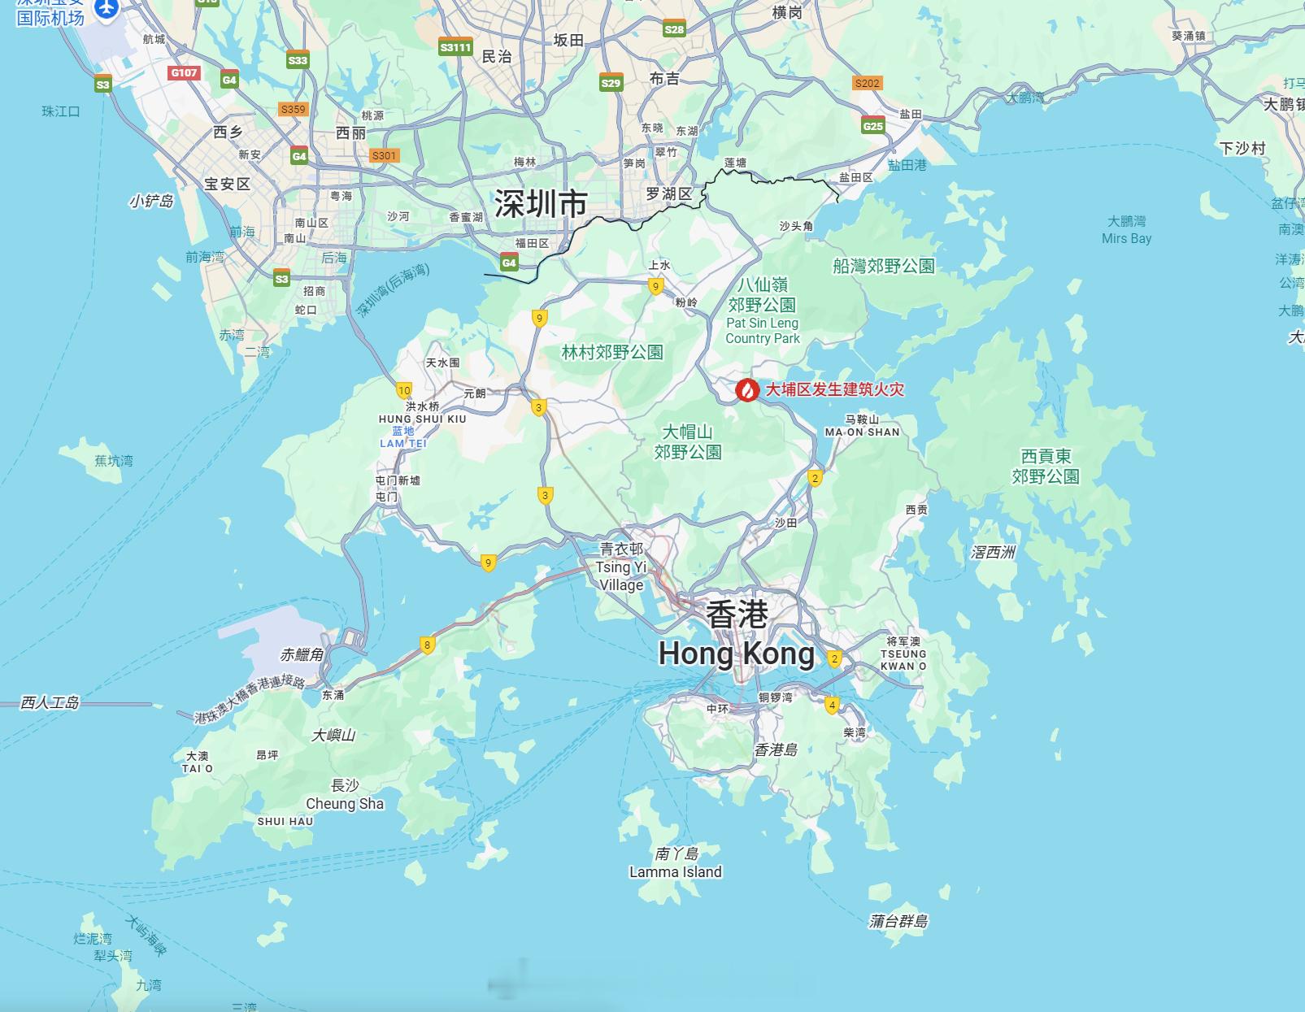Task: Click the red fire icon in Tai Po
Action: point(747,390)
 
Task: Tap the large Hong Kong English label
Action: point(736,654)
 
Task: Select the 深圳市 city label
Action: point(541,203)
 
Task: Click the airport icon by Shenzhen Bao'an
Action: point(107,8)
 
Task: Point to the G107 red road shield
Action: point(184,72)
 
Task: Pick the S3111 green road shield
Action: point(455,47)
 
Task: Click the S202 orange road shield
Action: point(868,83)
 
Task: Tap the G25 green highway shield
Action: point(873,126)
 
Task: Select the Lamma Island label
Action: point(675,872)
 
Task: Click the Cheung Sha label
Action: point(345,804)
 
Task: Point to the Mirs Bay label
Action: point(1126,238)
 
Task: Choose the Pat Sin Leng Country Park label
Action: point(763,331)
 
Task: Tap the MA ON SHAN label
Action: point(862,432)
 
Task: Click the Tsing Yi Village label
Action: point(621,575)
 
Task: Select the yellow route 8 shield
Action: point(427,645)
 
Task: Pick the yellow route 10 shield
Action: point(404,391)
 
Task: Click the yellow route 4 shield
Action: point(831,705)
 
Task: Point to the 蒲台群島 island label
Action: point(898,922)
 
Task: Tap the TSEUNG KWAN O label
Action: point(903,659)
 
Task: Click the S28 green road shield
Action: point(674,30)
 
